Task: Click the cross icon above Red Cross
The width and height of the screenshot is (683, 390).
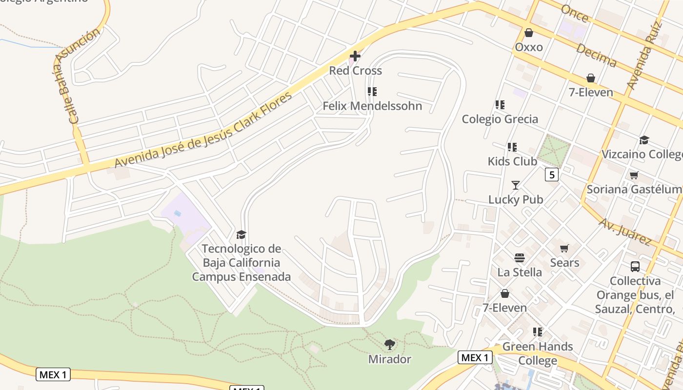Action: click(x=355, y=56)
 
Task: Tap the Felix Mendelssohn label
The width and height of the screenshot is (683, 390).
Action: click(x=372, y=106)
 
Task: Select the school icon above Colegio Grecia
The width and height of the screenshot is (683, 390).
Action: click(x=500, y=105)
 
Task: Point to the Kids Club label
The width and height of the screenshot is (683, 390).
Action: click(x=512, y=161)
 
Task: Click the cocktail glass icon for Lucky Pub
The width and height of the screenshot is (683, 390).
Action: click(x=516, y=185)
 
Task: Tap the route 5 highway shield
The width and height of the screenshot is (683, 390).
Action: click(x=551, y=175)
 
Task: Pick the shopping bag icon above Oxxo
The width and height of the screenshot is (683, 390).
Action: click(x=528, y=33)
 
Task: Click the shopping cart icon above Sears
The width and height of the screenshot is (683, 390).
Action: click(x=564, y=249)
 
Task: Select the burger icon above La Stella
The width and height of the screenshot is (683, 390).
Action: click(x=519, y=258)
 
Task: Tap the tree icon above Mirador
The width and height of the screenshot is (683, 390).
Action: click(x=389, y=345)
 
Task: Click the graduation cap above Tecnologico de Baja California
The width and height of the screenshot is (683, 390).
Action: click(x=241, y=235)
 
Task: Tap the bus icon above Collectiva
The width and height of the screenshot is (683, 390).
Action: click(x=635, y=267)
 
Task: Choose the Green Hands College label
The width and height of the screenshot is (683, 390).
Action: click(x=538, y=353)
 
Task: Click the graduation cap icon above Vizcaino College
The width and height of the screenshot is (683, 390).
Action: click(x=644, y=140)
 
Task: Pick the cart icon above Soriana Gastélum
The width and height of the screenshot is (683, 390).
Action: click(x=634, y=175)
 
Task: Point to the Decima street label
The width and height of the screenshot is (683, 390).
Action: click(x=596, y=55)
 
